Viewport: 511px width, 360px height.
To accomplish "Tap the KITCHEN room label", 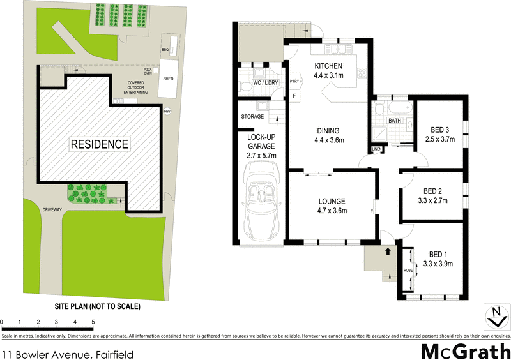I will tap(329, 66).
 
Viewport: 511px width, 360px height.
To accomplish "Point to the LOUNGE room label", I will tap(333, 203).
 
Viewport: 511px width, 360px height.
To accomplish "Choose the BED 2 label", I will tap(434, 191).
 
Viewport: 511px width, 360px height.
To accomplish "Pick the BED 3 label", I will tap(439, 128).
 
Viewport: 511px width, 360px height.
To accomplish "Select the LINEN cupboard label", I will tap(377, 149).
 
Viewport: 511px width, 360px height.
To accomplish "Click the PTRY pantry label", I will tap(294, 82).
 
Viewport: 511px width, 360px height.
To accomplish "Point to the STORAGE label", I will tap(253, 117).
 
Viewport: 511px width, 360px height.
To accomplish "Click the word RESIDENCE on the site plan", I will tap(99, 144).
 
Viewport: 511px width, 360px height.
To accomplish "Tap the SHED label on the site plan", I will tap(168, 79).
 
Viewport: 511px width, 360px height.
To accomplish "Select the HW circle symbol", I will tap(168, 112).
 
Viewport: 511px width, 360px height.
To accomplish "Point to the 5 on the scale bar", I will tap(93, 321).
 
